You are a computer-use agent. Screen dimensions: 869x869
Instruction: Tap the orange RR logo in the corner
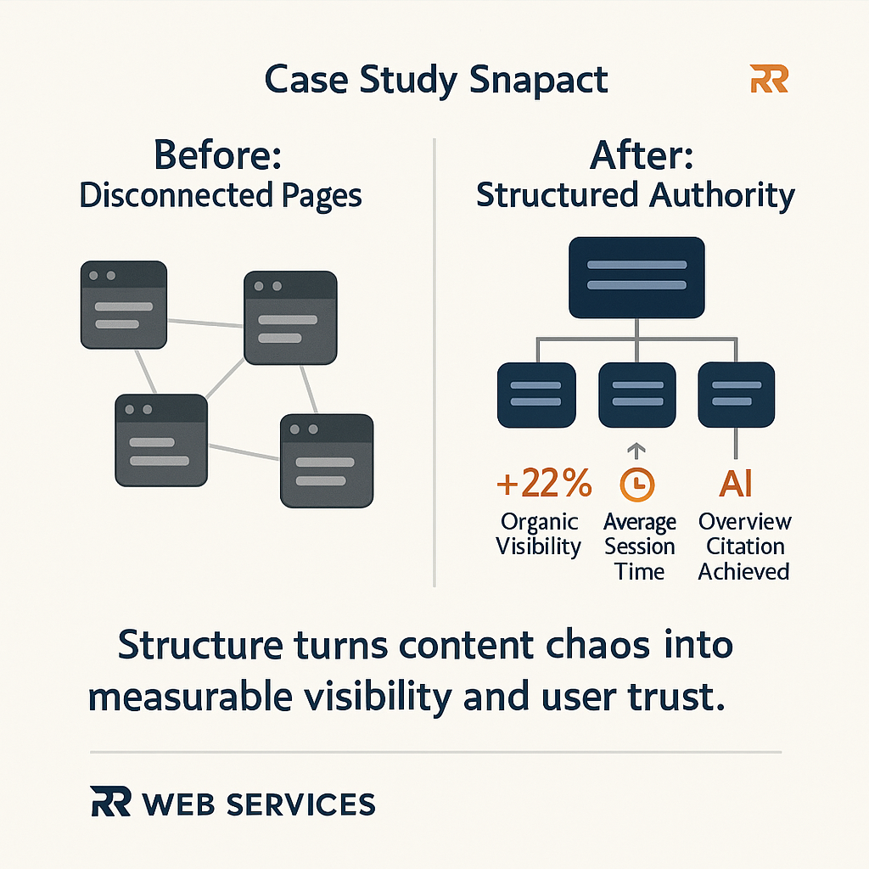click(x=770, y=80)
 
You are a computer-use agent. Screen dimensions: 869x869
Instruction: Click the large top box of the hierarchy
click(x=636, y=277)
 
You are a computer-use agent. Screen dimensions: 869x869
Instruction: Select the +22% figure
click(x=544, y=484)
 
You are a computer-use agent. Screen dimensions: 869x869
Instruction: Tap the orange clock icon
click(x=637, y=484)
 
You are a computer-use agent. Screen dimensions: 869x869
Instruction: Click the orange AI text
click(x=735, y=484)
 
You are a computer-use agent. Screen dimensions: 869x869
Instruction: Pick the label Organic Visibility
click(x=539, y=534)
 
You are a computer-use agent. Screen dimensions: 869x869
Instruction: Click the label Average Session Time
click(x=640, y=547)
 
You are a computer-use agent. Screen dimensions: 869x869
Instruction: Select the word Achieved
click(x=744, y=571)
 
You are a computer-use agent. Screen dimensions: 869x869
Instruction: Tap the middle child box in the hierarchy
click(x=637, y=395)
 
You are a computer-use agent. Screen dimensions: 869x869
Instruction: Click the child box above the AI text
click(x=736, y=395)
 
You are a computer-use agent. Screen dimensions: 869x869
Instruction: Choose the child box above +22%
click(x=536, y=395)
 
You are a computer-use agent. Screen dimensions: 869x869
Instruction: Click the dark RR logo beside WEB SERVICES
click(x=110, y=802)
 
